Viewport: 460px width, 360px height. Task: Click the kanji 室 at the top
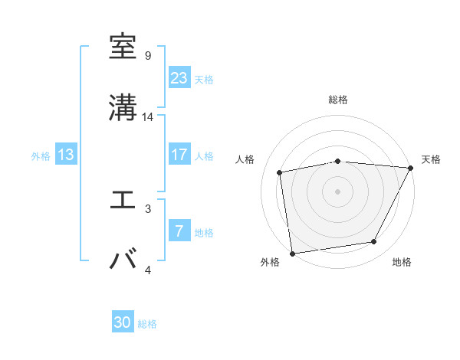tap(123, 47)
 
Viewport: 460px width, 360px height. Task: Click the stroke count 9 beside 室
tap(147, 56)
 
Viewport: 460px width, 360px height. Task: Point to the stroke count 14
tap(148, 117)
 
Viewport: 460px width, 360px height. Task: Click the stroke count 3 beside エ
tap(147, 208)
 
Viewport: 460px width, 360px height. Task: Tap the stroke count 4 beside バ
tap(147, 270)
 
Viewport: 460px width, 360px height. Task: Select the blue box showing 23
tap(179, 78)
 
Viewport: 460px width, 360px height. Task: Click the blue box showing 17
tap(179, 155)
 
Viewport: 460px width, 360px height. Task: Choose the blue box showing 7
tap(179, 231)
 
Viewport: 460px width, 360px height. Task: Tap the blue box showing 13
tap(66, 155)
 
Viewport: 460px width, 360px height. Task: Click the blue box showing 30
tap(123, 322)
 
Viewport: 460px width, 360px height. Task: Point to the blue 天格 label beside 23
tap(204, 79)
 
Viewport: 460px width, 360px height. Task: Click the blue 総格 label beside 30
tap(147, 324)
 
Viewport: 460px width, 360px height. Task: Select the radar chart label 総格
tap(338, 100)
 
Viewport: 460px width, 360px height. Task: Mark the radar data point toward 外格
tap(292, 252)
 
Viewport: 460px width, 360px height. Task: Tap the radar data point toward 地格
tap(374, 242)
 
